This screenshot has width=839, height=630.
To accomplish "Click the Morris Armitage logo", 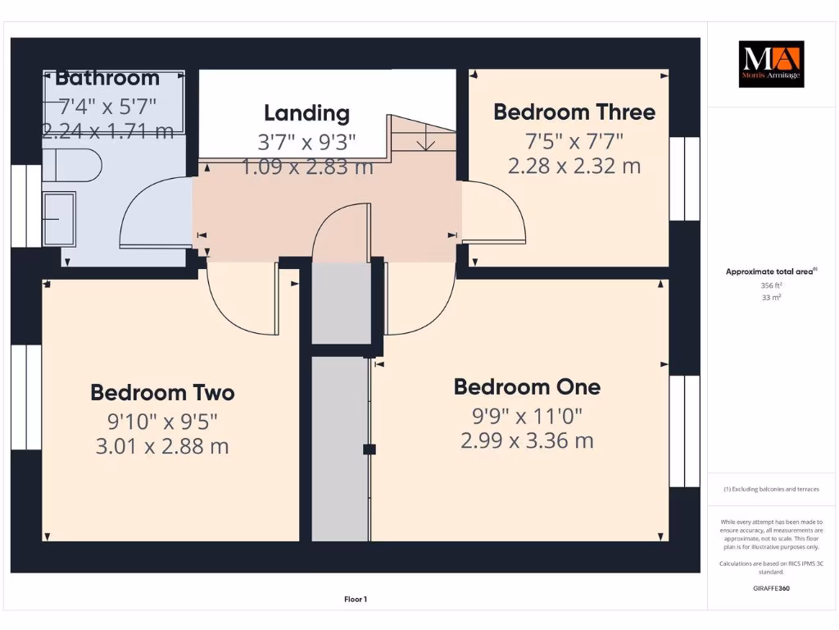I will tap(771, 64).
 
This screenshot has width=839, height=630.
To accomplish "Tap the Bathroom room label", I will tap(107, 79).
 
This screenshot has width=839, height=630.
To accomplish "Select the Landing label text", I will tap(306, 113).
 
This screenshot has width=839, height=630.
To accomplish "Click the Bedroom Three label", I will tap(574, 112).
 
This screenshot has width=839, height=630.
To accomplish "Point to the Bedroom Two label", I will tap(162, 392).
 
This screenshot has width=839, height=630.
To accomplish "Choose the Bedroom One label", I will tap(527, 386).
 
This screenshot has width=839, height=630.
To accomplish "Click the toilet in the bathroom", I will tap(75, 165).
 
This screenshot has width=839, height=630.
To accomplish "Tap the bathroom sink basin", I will tap(59, 219).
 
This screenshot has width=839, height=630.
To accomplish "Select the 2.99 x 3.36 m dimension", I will tap(527, 441).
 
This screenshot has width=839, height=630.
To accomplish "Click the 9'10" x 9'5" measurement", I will tap(162, 421).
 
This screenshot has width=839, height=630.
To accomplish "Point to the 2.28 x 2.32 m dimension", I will tap(574, 167).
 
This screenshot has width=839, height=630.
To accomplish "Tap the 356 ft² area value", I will tap(771, 285).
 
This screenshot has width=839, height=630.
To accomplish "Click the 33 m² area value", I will tap(771, 298).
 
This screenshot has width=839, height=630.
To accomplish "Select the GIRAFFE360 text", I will tap(771, 588).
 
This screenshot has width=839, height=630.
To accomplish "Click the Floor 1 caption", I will tap(355, 600).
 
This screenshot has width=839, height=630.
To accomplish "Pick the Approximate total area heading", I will tap(770, 272).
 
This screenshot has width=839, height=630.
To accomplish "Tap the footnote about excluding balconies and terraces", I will tap(771, 489).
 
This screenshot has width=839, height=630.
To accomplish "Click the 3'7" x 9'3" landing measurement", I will tap(306, 142).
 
